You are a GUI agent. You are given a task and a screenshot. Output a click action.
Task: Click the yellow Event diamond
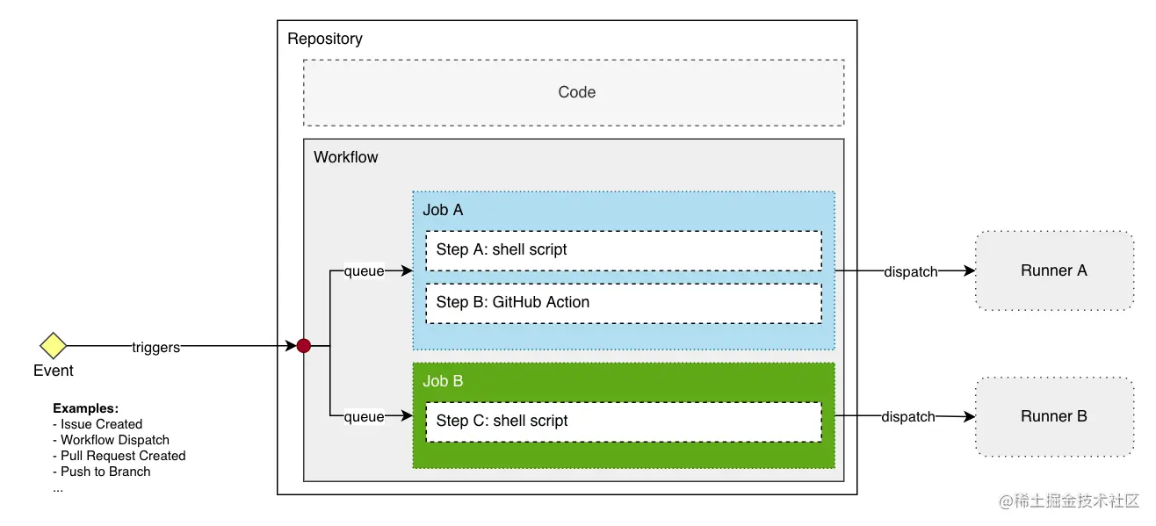coord(53,346)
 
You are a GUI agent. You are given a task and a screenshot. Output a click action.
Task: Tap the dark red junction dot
coord(303,346)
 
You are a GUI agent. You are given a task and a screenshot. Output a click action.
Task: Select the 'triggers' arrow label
coord(155,347)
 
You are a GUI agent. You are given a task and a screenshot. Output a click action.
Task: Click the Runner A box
coord(1053,270)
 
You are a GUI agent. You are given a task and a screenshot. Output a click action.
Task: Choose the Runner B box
coord(1053,416)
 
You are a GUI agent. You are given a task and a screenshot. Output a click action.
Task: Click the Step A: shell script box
coord(623,250)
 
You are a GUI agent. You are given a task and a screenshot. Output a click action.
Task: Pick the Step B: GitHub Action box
coord(623,302)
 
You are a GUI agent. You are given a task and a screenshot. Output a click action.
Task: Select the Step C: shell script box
coord(623,421)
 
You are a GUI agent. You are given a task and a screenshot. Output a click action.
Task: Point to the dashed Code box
coord(574,92)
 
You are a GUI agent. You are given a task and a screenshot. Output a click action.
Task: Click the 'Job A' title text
coord(443,210)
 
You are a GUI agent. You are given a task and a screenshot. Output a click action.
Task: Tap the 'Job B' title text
coord(443,381)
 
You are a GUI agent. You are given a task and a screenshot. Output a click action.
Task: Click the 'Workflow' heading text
coord(345,157)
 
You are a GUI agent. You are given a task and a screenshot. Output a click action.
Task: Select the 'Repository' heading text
coord(324,39)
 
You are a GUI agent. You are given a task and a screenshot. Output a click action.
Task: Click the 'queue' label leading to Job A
coord(364,271)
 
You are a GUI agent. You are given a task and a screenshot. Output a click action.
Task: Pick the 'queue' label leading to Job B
coord(364,417)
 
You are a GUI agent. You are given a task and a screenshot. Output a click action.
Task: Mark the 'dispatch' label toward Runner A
coord(910,271)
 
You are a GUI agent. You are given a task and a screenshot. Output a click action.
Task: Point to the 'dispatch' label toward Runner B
coord(908,417)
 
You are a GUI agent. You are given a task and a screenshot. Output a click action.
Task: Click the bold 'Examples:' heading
coord(85,408)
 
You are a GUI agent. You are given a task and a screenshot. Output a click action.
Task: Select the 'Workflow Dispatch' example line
coord(114,440)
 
